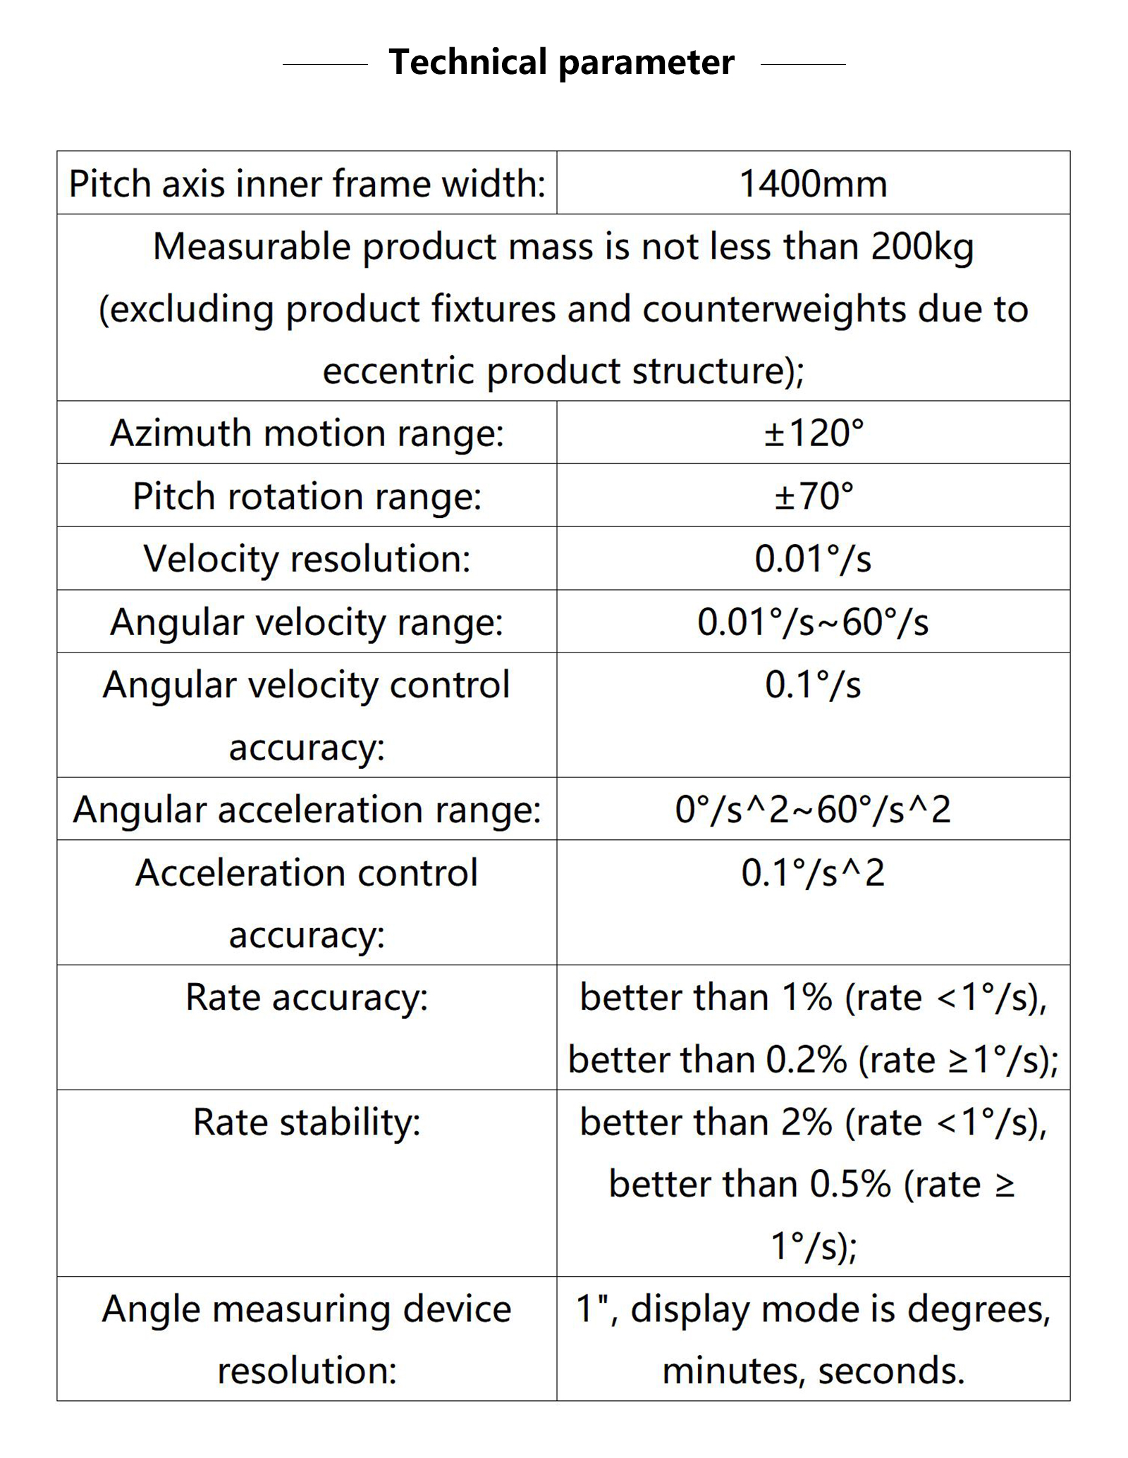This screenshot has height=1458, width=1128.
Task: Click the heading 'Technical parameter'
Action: click(x=561, y=63)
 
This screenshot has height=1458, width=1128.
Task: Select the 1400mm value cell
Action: click(x=813, y=184)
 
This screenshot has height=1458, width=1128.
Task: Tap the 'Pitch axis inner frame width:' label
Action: click(x=307, y=184)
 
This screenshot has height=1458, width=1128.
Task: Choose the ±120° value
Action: click(x=813, y=433)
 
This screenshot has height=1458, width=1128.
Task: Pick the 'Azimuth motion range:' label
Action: click(x=307, y=433)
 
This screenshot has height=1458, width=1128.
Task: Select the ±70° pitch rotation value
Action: click(x=813, y=496)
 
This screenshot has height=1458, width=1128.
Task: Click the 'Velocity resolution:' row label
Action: click(x=307, y=559)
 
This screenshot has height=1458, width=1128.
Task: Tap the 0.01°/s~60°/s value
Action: click(x=813, y=622)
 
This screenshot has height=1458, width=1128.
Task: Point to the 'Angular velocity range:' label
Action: click(x=307, y=622)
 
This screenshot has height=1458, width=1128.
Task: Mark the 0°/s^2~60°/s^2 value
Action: click(x=813, y=810)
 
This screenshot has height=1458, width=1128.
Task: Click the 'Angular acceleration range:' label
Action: click(x=307, y=810)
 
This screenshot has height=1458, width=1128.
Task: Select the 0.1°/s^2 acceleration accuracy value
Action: click(x=813, y=873)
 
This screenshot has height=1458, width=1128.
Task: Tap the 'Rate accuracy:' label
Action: click(x=307, y=998)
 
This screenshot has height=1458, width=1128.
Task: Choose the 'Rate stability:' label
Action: click(x=307, y=1122)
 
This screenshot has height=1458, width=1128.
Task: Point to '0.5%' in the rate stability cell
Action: click(x=850, y=1185)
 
